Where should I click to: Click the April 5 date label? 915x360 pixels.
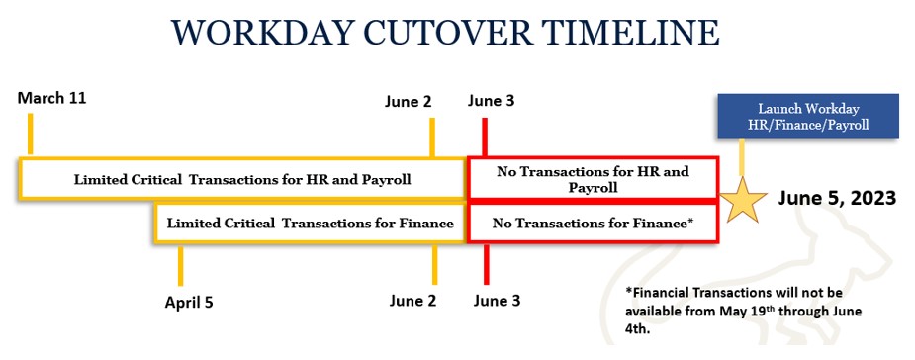click(x=188, y=303)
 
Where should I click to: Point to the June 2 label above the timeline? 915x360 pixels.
click(x=408, y=101)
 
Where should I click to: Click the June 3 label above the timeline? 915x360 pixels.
click(x=491, y=101)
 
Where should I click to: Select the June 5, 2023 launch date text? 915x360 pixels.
click(x=836, y=198)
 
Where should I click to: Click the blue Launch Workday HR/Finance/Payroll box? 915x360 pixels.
click(x=808, y=116)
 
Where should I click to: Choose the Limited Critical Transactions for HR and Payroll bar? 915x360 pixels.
click(x=242, y=179)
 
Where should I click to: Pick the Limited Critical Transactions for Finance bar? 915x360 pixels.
click(x=310, y=224)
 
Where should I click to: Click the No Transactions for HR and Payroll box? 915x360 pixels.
click(x=593, y=179)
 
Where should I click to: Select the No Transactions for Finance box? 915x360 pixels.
click(x=593, y=224)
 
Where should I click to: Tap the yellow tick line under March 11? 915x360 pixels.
click(x=31, y=134)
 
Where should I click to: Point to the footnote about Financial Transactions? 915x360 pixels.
click(x=744, y=311)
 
